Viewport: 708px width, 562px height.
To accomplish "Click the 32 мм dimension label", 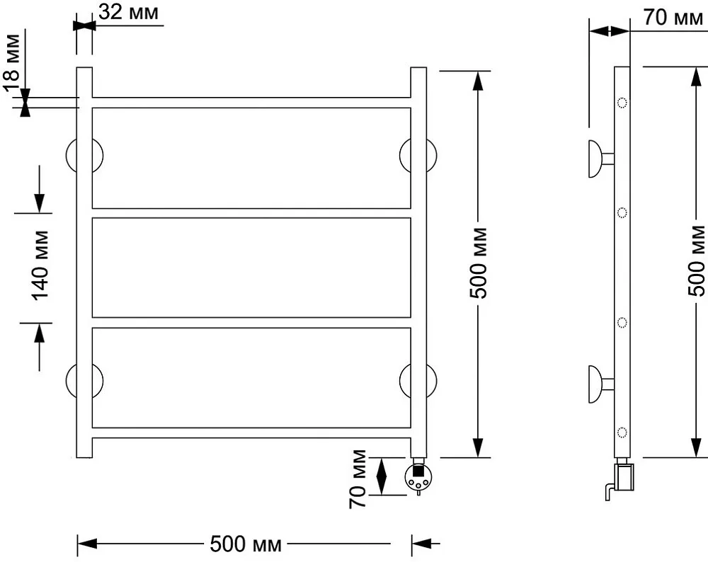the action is pos(129,12).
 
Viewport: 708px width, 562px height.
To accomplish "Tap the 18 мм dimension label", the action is pos(12,63).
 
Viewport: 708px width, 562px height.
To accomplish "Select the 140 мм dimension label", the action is pos(40,265).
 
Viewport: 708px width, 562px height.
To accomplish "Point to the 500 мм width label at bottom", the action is pos(246,544).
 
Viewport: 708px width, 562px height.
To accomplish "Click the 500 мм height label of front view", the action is pos(479,263).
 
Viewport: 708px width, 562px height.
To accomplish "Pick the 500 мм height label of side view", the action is pos(697,261).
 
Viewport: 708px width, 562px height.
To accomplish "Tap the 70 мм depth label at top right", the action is pos(673,18).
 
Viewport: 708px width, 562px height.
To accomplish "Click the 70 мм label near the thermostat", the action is pos(358,479).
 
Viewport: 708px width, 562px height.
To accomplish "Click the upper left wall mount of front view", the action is pos(84,155).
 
